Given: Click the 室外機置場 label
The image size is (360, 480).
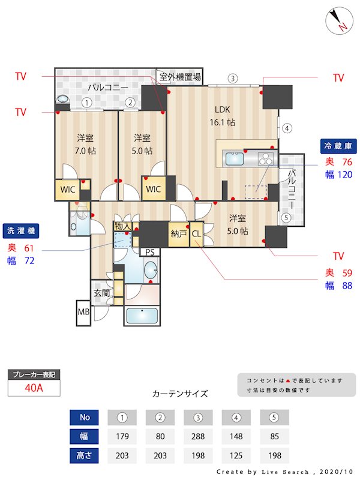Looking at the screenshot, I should pos(180,77).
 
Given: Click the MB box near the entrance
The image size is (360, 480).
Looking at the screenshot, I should pos(83,312).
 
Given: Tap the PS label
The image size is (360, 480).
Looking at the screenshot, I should pos(149,252).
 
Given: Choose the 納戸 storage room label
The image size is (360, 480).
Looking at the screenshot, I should pos(178,234).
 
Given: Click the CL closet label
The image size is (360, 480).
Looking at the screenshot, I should pos(196,234).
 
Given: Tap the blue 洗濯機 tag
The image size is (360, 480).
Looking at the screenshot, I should pos(21,231).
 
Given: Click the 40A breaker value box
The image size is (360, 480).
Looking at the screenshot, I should pos(34,388).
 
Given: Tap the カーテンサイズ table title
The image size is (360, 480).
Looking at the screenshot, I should pos(180,394).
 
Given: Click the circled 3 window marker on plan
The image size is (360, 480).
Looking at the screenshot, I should pos(233,78).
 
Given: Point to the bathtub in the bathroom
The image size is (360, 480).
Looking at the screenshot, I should pos(142,314).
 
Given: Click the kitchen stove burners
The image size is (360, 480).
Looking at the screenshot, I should pos(265,159).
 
